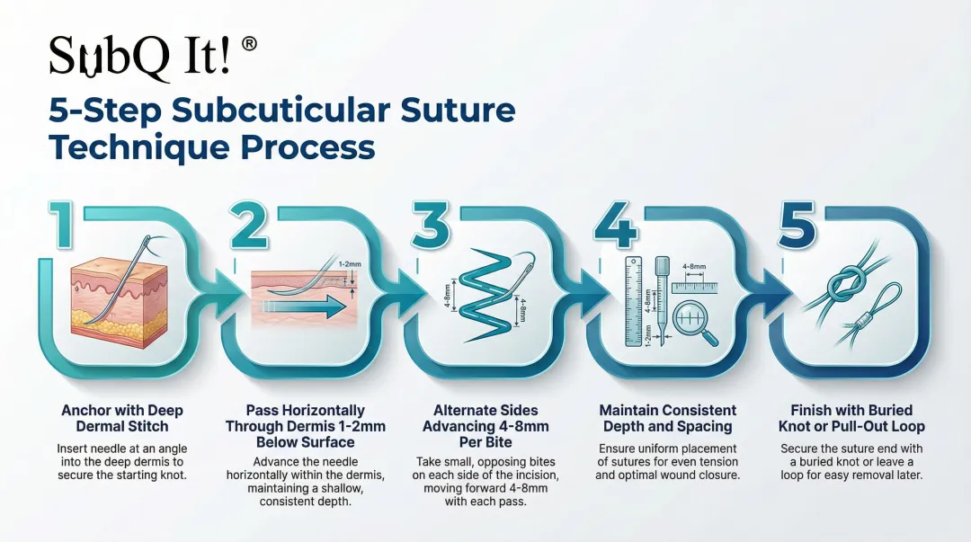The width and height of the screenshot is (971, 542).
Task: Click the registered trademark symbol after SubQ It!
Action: click(x=249, y=45)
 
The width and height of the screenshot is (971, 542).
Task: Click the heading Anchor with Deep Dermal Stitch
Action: click(x=121, y=418)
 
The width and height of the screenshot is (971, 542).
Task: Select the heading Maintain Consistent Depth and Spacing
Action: click(x=668, y=418)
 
